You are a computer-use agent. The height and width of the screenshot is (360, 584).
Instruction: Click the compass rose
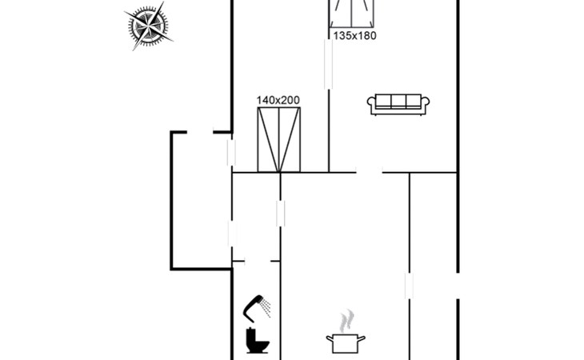pyautogui.click(x=149, y=27)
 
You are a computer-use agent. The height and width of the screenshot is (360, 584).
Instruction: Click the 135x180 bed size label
pyautogui.click(x=354, y=36)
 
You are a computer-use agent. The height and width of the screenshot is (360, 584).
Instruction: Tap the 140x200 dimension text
pyautogui.click(x=278, y=100)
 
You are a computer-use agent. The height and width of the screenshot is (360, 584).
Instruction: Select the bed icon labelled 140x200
pyautogui.click(x=279, y=140)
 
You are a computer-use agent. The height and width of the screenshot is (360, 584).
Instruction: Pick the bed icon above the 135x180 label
pyautogui.click(x=354, y=14)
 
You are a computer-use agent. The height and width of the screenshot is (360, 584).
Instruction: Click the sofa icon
pyautogui.click(x=398, y=103)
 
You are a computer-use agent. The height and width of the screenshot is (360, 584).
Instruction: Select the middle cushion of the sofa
pyautogui.click(x=398, y=101)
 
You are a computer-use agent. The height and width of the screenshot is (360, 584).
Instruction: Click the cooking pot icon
pyautogui.click(x=346, y=343)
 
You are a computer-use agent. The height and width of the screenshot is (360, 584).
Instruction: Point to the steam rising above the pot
pyautogui.click(x=346, y=322)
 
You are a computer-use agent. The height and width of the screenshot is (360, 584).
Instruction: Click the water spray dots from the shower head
pyautogui.click(x=270, y=306)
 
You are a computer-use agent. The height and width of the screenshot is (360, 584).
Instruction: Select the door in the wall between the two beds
pyautogui.click(x=328, y=64)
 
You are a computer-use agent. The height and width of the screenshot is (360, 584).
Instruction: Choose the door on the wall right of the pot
pyautogui.click(x=409, y=286)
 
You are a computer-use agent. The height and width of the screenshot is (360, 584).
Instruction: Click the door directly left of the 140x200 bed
pyautogui.click(x=232, y=152)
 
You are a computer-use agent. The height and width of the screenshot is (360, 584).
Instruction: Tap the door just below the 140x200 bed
pyautogui.click(x=280, y=214)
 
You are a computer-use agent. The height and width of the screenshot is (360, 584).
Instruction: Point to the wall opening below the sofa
pyautogui.click(x=369, y=172)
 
